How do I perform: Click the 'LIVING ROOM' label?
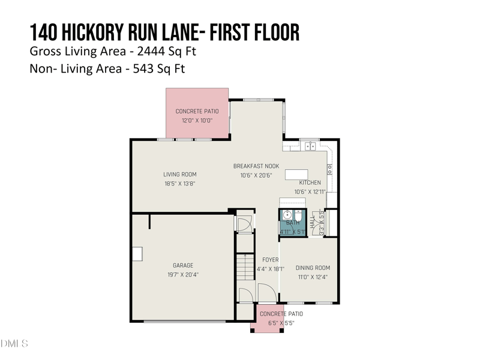click(180, 175)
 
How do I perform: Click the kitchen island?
click(296, 174)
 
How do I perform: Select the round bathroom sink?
click(288, 214)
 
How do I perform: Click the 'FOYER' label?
click(266, 260)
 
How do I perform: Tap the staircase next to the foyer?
click(244, 267)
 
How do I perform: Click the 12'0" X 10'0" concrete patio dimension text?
click(197, 120)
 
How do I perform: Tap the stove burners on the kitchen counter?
click(329, 169)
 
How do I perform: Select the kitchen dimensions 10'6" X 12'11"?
click(310, 191)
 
